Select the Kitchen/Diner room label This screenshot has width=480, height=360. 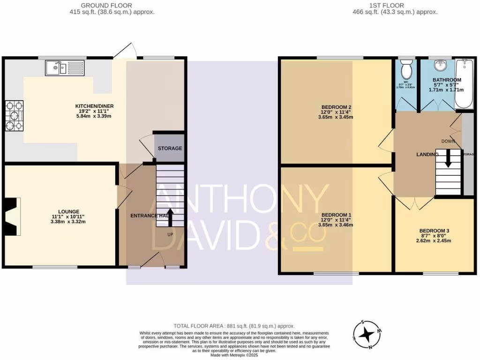[95, 106]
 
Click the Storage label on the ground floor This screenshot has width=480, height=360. [169, 148]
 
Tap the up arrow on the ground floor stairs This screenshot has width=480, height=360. [170, 217]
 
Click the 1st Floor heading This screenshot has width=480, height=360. [395, 5]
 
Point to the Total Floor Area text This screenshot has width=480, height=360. [234, 326]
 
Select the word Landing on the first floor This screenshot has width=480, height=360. [427, 154]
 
